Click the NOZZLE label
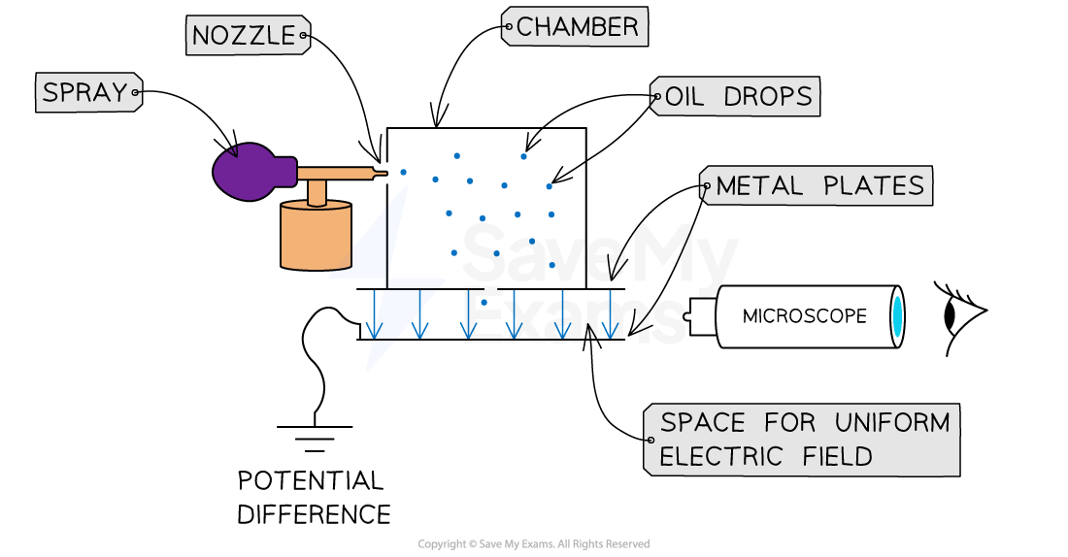pos(245,36)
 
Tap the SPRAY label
pos(86,93)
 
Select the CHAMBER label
pos(577,27)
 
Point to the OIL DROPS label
pos(737,97)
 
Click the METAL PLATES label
pos(818,186)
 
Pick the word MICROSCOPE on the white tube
pos(804,316)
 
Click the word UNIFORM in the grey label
pos(891,423)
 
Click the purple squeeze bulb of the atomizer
pos(250,172)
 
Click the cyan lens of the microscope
pos(897,316)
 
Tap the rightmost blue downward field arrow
pos(609,315)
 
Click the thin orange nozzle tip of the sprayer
pos(375,174)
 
